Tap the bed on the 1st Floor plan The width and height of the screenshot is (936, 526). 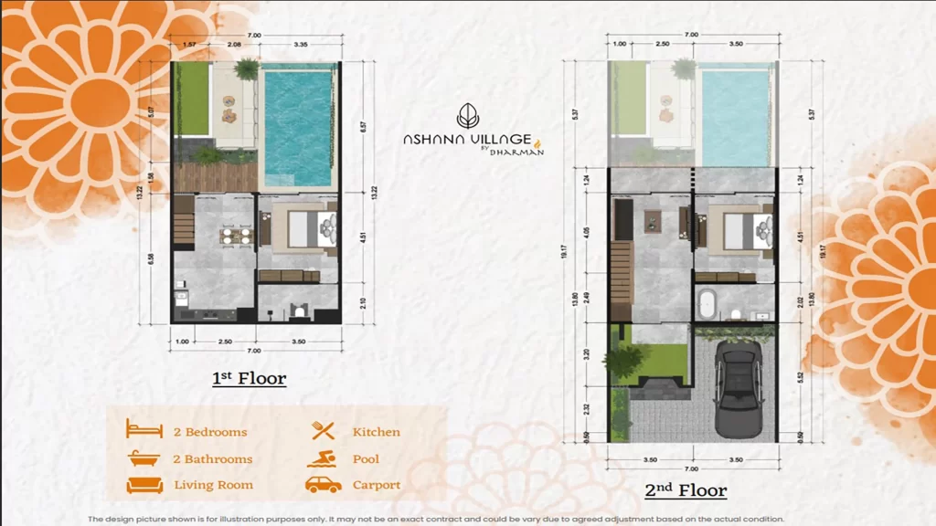point(308,229)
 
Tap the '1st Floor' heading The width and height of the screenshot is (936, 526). point(250,378)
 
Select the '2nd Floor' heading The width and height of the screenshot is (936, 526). point(686,490)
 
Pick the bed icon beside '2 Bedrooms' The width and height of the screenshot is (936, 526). point(144,431)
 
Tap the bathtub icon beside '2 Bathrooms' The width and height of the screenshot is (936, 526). point(144,458)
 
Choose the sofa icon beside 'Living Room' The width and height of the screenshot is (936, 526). point(144,485)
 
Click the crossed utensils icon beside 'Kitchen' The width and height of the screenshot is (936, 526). point(323,431)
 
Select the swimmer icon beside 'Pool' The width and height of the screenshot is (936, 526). point(323,458)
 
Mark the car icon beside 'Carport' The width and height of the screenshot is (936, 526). point(323,485)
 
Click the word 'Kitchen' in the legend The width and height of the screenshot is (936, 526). point(377,432)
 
